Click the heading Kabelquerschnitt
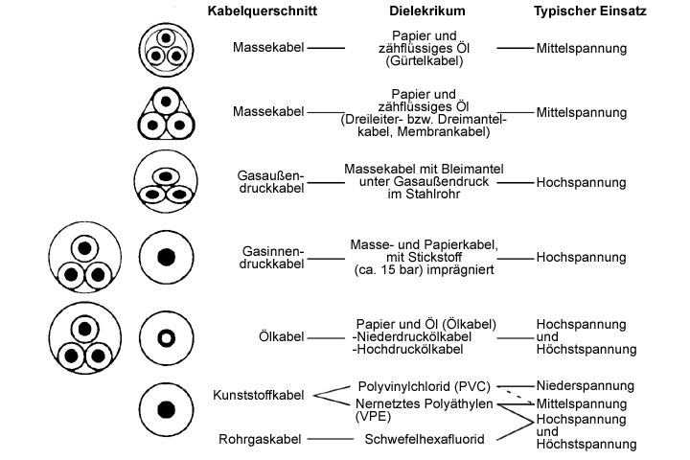[263, 12]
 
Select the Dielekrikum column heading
[427, 12]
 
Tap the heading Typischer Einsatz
[588, 12]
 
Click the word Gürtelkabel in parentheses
[428, 61]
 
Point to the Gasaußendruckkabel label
[270, 181]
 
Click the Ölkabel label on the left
[282, 336]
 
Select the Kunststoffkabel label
[258, 395]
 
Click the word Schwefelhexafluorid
[424, 439]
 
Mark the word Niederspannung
[586, 385]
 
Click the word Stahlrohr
[435, 195]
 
